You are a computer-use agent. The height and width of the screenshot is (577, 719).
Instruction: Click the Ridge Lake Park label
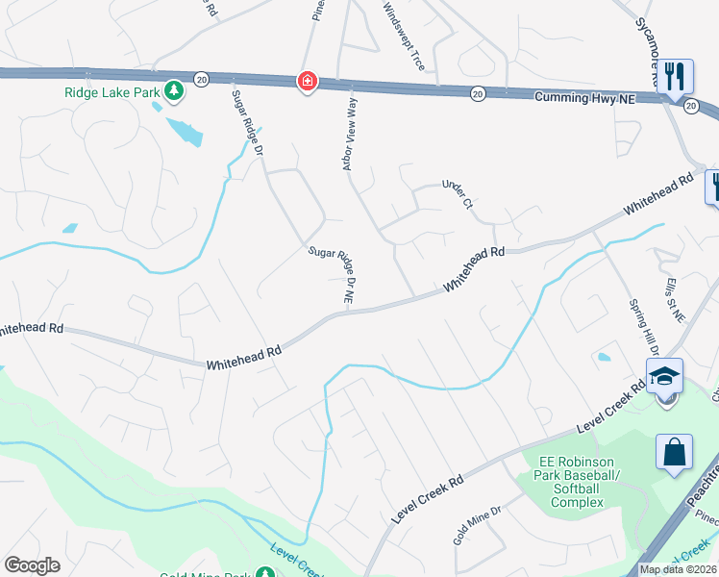click(112, 92)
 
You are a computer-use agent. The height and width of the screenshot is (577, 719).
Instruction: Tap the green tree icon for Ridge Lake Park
click(174, 91)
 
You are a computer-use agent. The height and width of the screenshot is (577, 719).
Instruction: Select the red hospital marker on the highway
click(307, 82)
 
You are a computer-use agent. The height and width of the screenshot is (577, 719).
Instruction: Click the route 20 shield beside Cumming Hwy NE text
click(477, 93)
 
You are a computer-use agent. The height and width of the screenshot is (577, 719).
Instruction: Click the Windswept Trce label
click(404, 38)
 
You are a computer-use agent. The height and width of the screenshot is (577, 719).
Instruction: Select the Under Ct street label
click(458, 193)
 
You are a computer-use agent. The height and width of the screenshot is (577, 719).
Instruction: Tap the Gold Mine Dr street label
click(478, 525)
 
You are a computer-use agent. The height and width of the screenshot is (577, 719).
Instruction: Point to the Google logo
click(33, 565)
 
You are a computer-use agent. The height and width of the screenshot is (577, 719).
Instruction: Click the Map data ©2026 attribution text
click(677, 569)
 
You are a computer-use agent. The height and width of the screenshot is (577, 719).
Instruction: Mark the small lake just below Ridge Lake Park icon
click(186, 131)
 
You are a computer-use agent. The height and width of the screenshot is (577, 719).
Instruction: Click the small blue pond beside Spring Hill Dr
click(604, 358)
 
